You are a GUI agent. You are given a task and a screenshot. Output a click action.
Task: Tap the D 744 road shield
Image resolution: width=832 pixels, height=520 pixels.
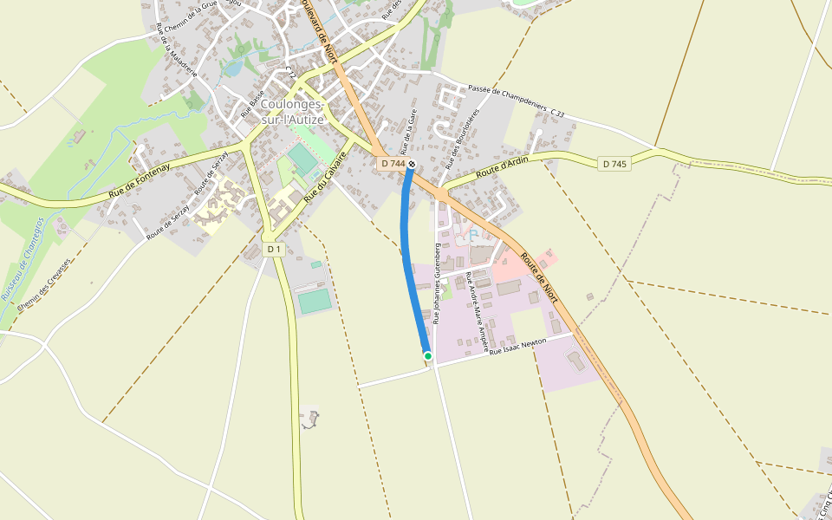tap(392, 164)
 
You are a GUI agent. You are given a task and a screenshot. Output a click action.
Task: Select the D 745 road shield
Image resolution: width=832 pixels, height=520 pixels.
tap(613, 164)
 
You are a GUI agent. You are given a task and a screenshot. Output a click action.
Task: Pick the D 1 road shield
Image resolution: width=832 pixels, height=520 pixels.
tap(274, 250)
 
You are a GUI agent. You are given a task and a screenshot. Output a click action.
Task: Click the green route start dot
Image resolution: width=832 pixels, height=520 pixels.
tap(427, 355)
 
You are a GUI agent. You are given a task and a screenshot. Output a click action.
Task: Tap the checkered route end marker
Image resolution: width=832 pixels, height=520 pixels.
tap(413, 164)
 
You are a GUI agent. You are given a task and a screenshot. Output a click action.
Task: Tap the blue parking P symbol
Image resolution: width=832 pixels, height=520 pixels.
tap(473, 236)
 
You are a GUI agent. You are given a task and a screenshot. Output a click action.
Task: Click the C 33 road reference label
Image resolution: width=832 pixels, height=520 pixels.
tap(557, 114)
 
